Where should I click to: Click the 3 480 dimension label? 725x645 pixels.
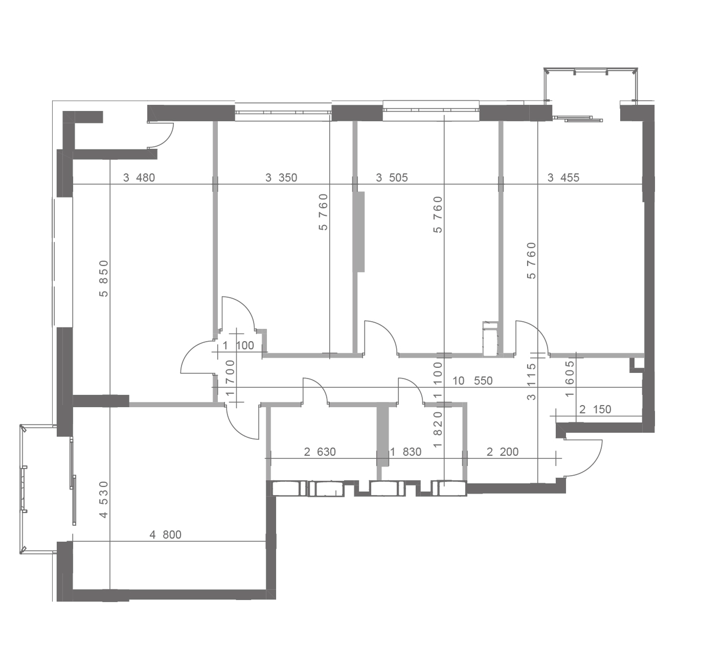coord(139,177)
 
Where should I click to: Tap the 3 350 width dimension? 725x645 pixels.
coord(281,177)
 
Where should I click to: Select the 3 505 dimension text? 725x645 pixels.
coord(392,177)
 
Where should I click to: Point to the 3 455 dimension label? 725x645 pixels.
coord(563,177)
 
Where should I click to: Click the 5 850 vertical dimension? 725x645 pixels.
coord(103,278)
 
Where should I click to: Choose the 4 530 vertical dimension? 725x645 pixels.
coord(103,500)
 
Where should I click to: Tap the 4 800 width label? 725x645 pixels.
coord(165,535)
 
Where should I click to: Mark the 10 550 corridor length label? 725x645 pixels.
coord(472,381)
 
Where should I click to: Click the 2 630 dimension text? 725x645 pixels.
coord(320,452)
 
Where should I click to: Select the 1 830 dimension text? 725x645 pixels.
coord(405,452)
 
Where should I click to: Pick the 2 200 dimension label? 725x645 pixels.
coord(503,452)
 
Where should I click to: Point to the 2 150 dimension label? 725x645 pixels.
coord(595,409)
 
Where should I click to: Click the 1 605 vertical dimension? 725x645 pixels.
coord(570,379)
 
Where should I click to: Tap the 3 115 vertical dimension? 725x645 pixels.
coord(532,381)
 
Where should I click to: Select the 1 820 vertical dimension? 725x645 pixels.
coord(438,430)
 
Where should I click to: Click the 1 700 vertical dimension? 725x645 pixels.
coord(230,377)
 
